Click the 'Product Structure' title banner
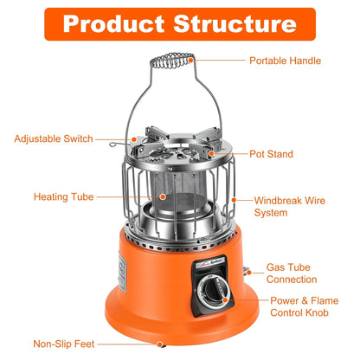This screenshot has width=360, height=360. pyautogui.click(x=180, y=22)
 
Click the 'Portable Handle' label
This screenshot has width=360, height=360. pyautogui.click(x=285, y=61)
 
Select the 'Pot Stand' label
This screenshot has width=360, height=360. pyautogui.click(x=271, y=154)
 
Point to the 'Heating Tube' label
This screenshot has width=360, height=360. pyautogui.click(x=64, y=196)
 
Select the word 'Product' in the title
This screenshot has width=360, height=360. pyautogui.click(x=118, y=22)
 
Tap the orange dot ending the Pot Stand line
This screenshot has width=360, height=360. pyautogui.click(x=209, y=154)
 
